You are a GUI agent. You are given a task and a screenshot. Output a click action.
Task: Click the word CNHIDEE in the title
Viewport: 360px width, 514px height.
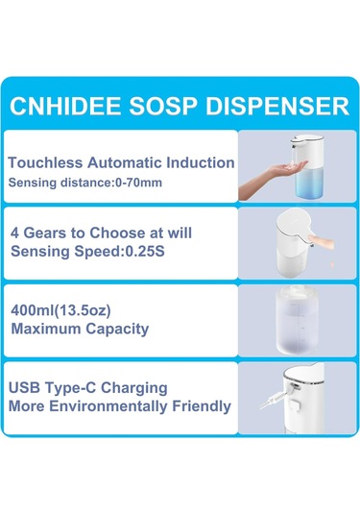click(x=74, y=104)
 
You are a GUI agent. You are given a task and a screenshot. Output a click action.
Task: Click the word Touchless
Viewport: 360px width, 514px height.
click(x=44, y=163)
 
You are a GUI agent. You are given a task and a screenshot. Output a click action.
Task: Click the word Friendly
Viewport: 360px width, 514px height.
click(x=205, y=406)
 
